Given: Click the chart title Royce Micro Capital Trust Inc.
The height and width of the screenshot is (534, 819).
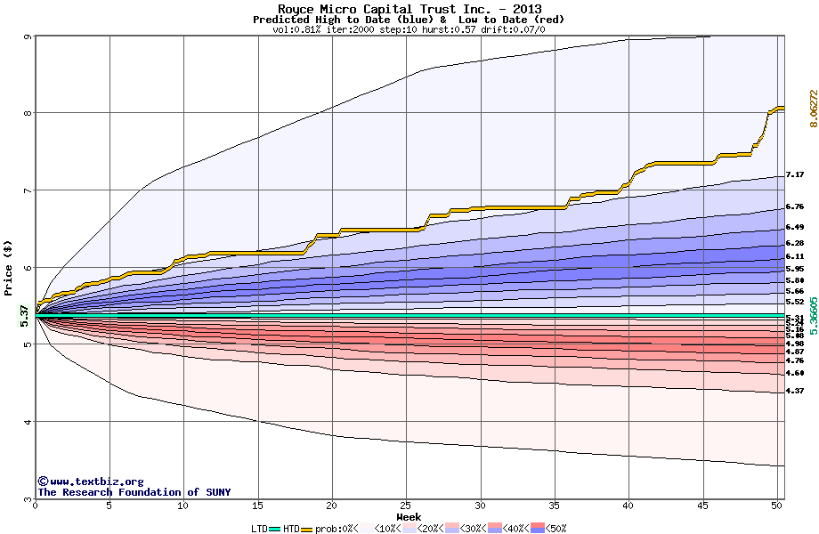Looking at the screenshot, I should click(x=409, y=9).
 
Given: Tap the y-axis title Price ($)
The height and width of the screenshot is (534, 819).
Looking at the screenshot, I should click(x=9, y=267).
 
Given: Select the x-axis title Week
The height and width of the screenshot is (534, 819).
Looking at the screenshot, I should click(x=409, y=516).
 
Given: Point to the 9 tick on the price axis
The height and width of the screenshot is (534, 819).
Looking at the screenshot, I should click(x=28, y=36).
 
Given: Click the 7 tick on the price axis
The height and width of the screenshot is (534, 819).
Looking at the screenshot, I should click(x=28, y=190).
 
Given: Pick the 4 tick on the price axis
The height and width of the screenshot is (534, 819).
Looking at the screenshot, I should click(x=28, y=422).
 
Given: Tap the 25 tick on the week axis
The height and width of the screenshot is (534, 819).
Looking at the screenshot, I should click(x=406, y=506).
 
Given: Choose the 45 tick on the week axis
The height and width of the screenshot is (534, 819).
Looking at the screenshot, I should click(x=702, y=506).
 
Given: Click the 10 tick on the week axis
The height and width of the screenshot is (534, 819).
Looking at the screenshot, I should click(x=183, y=506).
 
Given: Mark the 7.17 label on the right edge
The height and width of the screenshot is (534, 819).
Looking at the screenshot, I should click(x=795, y=175).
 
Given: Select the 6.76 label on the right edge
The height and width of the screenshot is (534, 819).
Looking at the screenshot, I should click(x=795, y=206).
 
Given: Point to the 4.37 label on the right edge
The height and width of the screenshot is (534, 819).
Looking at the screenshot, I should click(x=795, y=391).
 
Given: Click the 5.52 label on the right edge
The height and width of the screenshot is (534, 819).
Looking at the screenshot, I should click(x=795, y=303).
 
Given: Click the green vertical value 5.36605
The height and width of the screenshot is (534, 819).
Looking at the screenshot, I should click(x=813, y=316).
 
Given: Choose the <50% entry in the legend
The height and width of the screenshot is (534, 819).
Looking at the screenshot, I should click(x=549, y=528).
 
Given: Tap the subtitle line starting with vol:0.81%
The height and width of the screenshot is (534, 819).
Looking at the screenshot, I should click(x=409, y=29).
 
